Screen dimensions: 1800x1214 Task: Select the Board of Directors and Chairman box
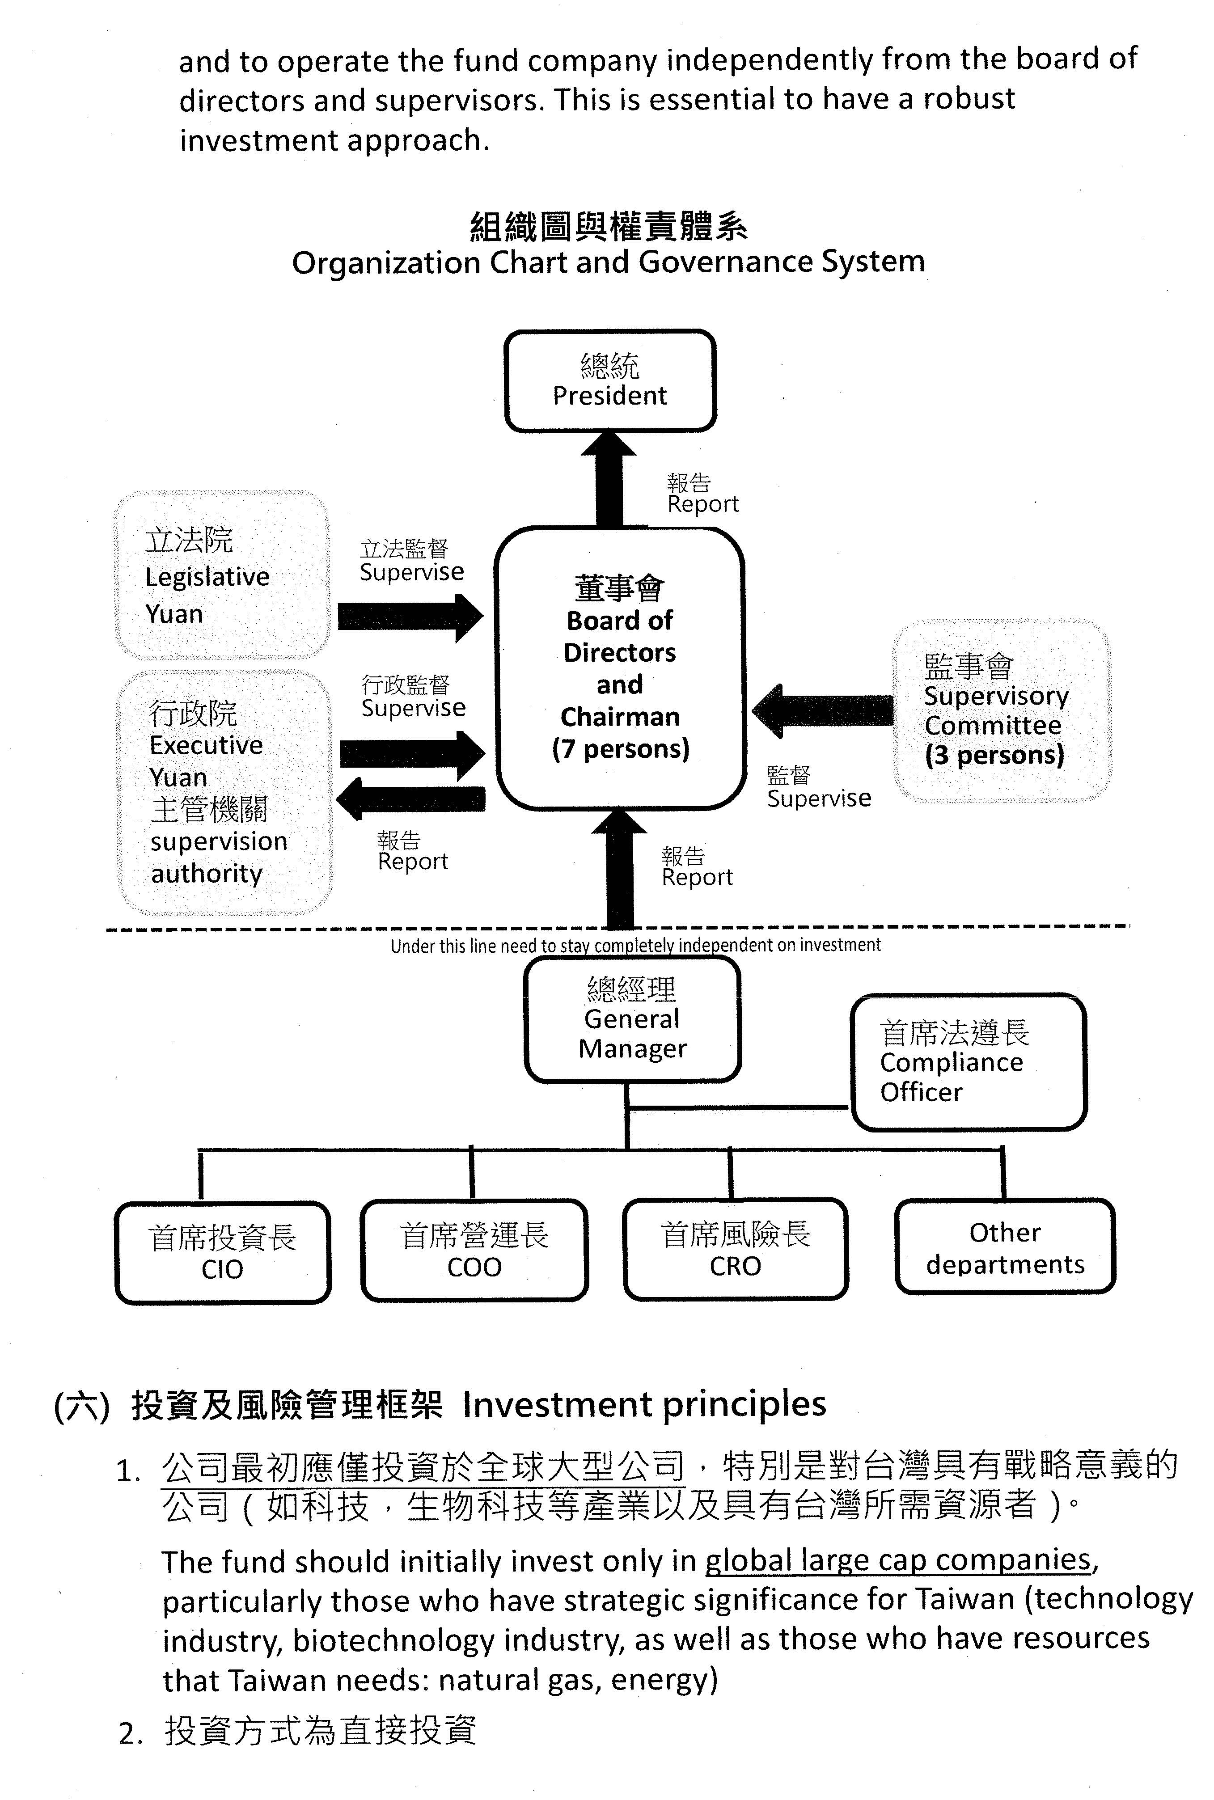pyautogui.click(x=619, y=668)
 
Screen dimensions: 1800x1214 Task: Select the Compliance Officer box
pyautogui.click(x=969, y=1061)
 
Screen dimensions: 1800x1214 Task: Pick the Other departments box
pyautogui.click(x=1005, y=1247)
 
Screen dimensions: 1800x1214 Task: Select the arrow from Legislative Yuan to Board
pyautogui.click(x=410, y=617)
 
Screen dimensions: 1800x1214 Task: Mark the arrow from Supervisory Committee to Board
pyautogui.click(x=822, y=710)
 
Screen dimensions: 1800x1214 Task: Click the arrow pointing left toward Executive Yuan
pyautogui.click(x=410, y=798)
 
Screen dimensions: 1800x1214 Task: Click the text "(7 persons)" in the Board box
pyautogui.click(x=620, y=748)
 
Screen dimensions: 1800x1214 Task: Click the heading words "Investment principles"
pyautogui.click(x=644, y=1404)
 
